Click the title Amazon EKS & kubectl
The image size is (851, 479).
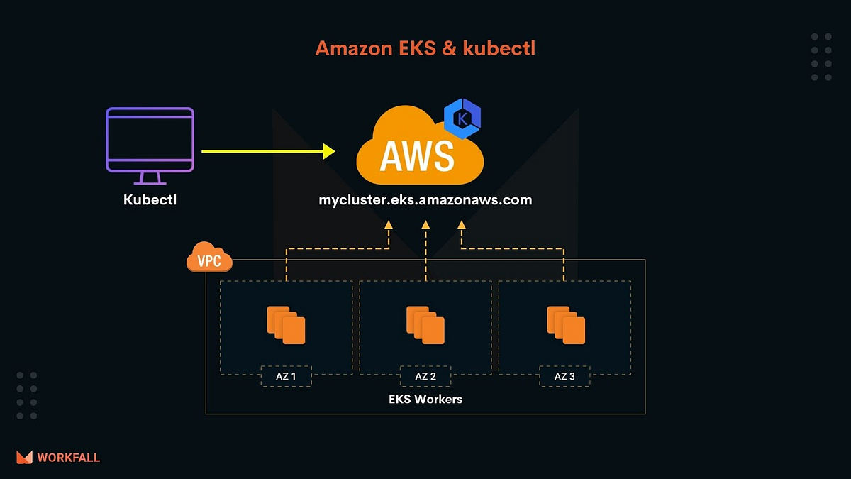click(425, 48)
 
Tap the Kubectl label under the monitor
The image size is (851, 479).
click(150, 199)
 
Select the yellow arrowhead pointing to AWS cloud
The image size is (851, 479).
click(328, 150)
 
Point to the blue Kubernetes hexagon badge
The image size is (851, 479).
click(462, 119)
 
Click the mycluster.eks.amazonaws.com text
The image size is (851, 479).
click(425, 199)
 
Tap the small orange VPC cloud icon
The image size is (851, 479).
click(208, 260)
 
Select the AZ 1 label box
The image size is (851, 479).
click(286, 376)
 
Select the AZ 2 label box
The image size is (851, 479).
click(425, 376)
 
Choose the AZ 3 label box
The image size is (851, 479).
click(564, 376)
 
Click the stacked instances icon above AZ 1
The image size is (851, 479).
click(286, 324)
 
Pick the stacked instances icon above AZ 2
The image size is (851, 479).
click(425, 324)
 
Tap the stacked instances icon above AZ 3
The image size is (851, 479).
click(565, 324)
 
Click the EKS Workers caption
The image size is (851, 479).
click(425, 399)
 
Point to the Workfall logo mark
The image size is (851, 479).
click(24, 458)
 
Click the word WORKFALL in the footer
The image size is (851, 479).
click(68, 458)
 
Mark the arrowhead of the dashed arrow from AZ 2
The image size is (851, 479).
click(425, 225)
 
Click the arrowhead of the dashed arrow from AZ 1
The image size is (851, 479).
click(389, 225)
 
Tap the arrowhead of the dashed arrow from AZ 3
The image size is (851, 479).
click(462, 225)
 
